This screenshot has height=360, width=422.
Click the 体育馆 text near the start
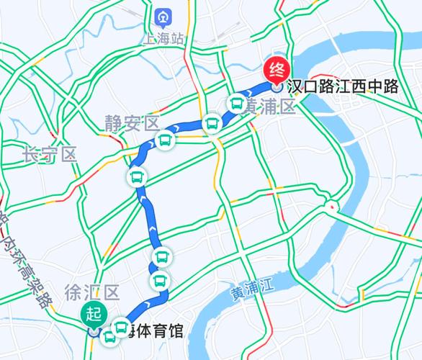[x=158, y=333]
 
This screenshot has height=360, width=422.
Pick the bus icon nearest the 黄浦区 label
[x=236, y=104]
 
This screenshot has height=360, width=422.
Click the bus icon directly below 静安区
[x=165, y=140]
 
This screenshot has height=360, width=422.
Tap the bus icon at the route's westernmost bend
[x=137, y=176]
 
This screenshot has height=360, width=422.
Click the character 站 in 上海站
[x=177, y=37]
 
